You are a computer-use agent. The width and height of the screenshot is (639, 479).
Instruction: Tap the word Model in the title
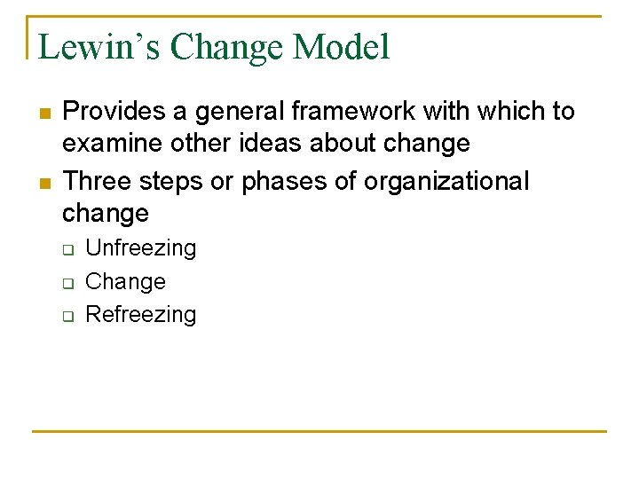(346, 47)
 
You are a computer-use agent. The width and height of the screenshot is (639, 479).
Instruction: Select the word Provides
(114, 112)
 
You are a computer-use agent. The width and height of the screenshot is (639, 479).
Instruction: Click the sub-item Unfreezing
(140, 248)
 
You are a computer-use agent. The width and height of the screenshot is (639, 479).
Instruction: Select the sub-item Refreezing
(140, 314)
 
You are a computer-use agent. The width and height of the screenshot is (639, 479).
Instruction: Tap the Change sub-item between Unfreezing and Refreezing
(125, 281)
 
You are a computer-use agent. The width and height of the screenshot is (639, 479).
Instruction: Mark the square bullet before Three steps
(43, 183)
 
